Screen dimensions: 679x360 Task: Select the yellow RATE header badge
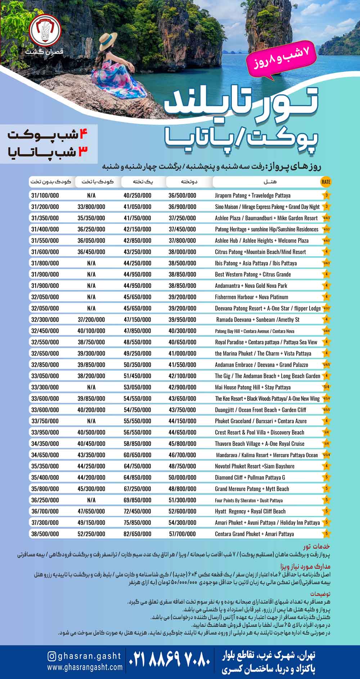pyautogui.click(x=325, y=182)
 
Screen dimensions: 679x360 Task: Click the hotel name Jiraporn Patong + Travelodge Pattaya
pyautogui.click(x=252, y=195)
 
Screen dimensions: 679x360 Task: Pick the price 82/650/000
pyautogui.click(x=137, y=534)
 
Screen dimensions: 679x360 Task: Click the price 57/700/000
pyautogui.click(x=182, y=534)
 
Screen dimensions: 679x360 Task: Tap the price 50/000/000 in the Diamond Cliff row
pyautogui.click(x=182, y=477)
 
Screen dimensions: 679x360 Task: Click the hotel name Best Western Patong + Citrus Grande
pyautogui.click(x=253, y=274)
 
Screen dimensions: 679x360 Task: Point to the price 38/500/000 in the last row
pyautogui.click(x=45, y=534)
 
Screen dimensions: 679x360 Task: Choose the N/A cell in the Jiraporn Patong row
pyautogui.click(x=91, y=195)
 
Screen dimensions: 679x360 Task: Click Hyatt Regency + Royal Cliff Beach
pyautogui.click(x=250, y=511)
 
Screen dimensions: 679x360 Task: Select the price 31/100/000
pyautogui.click(x=45, y=195)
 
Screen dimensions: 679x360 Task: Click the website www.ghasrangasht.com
pyautogui.click(x=85, y=667)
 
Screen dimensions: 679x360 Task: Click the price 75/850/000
pyautogui.click(x=137, y=522)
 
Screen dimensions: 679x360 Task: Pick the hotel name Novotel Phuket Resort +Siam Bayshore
pyautogui.click(x=255, y=466)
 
